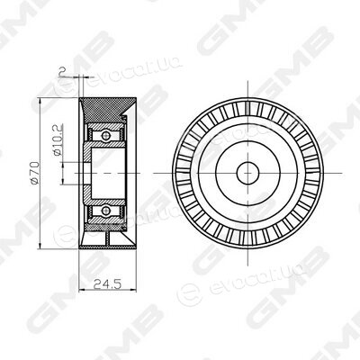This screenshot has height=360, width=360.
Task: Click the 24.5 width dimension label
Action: pos(107,283)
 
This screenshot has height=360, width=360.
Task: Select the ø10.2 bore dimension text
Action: pos(58,139)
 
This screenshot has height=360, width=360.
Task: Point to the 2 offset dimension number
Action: pos(62,71)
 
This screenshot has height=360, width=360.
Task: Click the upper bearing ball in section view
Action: pos(105,136)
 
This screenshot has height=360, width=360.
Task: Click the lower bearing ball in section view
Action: pos(105,211)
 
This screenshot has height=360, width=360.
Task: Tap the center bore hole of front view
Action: pos(247,173)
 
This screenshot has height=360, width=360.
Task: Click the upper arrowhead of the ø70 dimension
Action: pos(40,101)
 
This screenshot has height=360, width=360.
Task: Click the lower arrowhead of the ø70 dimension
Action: pos(40,246)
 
